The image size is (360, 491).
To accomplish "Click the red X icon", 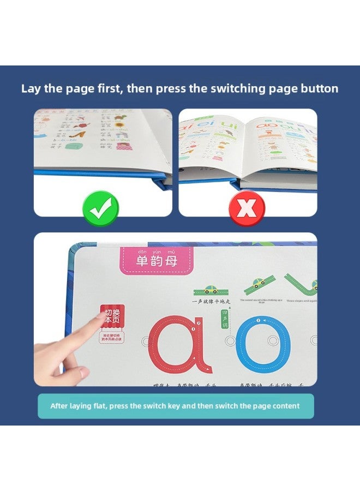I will [247, 208].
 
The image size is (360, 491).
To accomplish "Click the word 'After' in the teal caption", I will [60, 406].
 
